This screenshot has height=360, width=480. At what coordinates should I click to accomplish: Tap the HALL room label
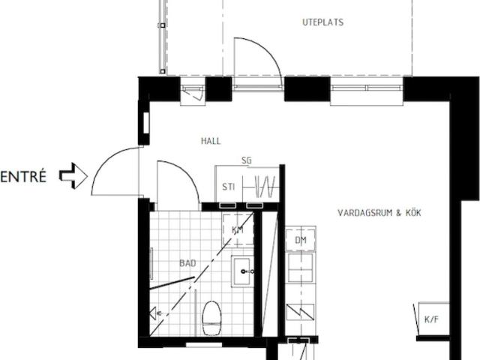pos(211,141)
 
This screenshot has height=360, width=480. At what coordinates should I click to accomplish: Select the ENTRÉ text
pos(23,177)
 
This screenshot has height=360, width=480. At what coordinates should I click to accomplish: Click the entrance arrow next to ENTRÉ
pos(73,177)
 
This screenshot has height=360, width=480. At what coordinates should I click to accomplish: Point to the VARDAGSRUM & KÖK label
pos(379,213)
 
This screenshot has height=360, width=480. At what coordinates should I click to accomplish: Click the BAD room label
pos(187,263)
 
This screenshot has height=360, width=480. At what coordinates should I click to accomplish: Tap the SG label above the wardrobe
pos(247,160)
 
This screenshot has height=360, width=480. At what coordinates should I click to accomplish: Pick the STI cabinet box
pos(229,187)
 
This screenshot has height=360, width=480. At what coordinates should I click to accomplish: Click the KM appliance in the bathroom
pos(238,229)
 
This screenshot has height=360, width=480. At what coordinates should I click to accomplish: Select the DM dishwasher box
pos(301,240)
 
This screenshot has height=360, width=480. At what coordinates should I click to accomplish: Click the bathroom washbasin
pos(243,271)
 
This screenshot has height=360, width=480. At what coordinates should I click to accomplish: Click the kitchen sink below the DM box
pos(301,267)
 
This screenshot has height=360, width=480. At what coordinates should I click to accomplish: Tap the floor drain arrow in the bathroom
pos(157,313)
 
